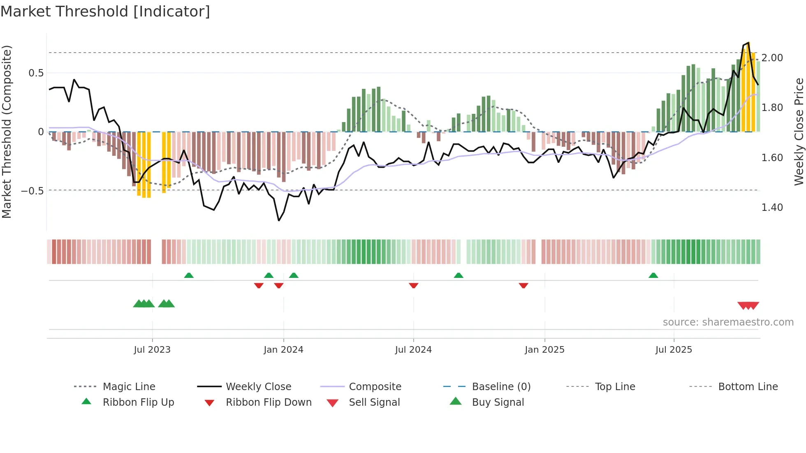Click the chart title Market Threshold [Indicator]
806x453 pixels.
[x=105, y=12]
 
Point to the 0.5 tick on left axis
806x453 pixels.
[x=36, y=73]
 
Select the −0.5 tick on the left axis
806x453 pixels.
[x=32, y=191]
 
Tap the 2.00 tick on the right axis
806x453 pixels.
[x=772, y=58]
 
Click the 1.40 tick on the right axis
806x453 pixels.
[x=772, y=208]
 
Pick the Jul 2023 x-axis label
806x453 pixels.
[x=152, y=350]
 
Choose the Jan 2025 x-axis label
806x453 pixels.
[x=544, y=350]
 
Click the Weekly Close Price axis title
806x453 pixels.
[x=799, y=132]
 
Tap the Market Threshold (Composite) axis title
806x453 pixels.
[x=7, y=132]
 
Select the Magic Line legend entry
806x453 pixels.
[x=129, y=387]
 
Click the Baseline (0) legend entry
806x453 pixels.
[x=501, y=387]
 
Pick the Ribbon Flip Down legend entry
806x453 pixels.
[x=269, y=402]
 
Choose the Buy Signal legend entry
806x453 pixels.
[x=498, y=402]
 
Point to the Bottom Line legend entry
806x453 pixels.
[x=748, y=387]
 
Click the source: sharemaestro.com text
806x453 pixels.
[x=728, y=322]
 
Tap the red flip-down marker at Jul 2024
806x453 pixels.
[x=414, y=285]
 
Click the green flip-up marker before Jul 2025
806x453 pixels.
[x=653, y=275]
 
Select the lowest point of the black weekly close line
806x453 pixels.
[x=279, y=221]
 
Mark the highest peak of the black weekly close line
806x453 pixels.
[x=749, y=43]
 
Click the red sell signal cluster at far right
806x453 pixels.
[x=748, y=305]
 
